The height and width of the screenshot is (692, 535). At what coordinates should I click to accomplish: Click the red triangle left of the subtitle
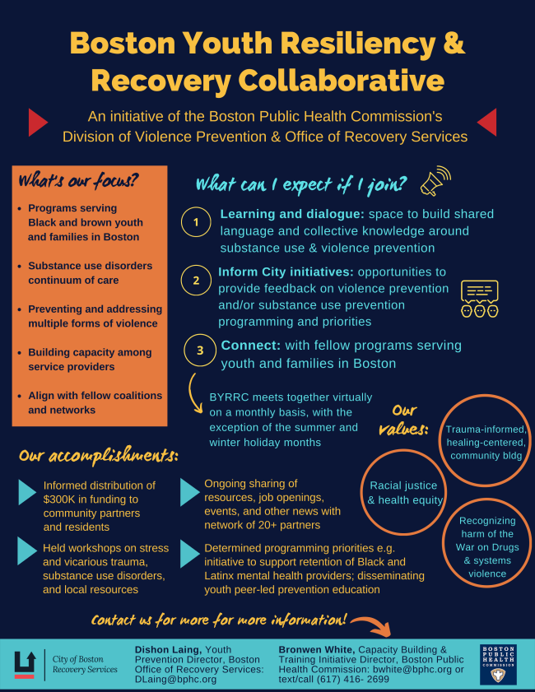[37, 123]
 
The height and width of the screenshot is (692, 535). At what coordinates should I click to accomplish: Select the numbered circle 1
[196, 223]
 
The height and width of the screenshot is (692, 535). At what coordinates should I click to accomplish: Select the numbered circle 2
[196, 281]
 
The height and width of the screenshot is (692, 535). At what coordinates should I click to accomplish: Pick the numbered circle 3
[200, 350]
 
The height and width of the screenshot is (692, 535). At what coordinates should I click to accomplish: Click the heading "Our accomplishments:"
[98, 454]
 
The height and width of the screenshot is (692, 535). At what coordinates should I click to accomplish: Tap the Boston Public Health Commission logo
[498, 663]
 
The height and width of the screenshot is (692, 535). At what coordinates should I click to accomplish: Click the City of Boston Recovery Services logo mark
[25, 663]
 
